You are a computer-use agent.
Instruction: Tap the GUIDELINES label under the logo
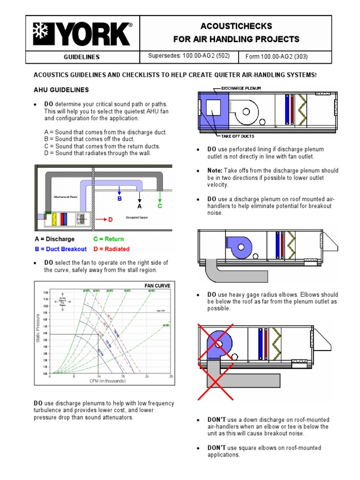click(82, 57)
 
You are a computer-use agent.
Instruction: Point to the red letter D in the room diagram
click(111, 219)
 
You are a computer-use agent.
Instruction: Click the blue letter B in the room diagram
click(120, 199)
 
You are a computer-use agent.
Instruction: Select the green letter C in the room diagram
click(160, 205)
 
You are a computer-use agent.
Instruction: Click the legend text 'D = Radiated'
click(111, 249)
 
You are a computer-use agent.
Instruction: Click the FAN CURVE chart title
click(157, 285)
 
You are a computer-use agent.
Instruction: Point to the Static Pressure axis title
click(38, 328)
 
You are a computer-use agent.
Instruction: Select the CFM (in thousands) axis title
click(108, 381)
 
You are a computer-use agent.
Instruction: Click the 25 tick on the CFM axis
click(171, 376)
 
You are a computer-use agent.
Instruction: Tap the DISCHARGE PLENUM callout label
click(241, 88)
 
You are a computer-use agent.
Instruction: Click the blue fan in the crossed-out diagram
click(218, 344)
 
